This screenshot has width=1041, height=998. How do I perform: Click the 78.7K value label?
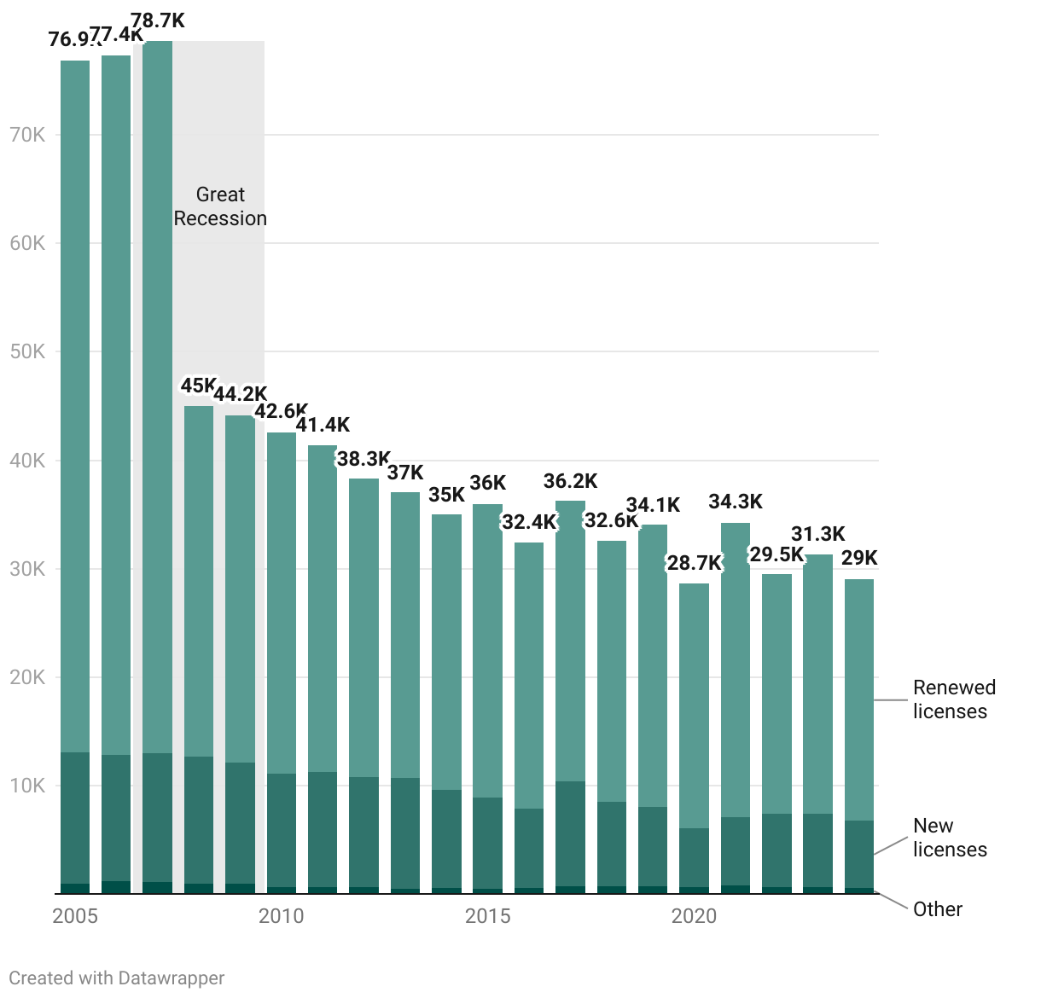coord(158,21)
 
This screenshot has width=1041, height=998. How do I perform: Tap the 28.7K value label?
coord(694,563)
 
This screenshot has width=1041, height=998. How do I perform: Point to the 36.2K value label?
coord(570,482)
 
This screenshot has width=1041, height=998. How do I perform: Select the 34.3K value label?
coord(736,502)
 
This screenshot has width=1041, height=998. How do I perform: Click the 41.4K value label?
coord(323,425)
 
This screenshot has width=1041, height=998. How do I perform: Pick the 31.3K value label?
coord(817,534)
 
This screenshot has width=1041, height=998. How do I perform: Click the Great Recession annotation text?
coord(220,206)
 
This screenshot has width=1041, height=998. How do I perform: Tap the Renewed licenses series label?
coord(954,699)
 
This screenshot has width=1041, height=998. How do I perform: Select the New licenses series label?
coord(950,838)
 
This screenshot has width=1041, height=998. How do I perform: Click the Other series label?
coord(938,909)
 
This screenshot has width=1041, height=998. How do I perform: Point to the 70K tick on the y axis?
coord(27,135)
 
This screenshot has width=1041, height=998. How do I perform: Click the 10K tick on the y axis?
coord(27,786)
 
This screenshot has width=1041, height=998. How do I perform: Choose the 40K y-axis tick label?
coord(27,461)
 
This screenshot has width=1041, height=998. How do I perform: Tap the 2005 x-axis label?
coord(75,916)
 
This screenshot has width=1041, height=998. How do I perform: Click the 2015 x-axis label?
coord(487,916)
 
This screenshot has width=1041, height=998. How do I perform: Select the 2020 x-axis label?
coord(694,916)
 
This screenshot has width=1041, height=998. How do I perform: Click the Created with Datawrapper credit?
coord(117,978)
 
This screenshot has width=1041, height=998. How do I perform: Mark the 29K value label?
coord(859,558)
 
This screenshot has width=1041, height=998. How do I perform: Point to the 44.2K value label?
coord(240,394)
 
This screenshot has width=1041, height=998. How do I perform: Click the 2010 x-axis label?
coord(281,916)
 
